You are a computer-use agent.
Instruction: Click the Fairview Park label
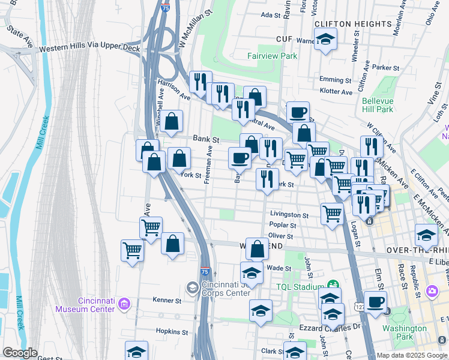272,56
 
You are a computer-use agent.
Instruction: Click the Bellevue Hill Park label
378,105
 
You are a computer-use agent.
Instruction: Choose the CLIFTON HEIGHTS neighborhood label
353,23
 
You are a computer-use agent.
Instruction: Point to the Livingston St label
289,214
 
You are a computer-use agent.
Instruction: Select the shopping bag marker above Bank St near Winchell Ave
172,120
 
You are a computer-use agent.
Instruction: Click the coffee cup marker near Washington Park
375,302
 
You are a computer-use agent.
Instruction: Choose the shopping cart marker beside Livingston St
332,213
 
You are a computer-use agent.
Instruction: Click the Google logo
20,353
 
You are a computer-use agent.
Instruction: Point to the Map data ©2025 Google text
411,355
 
